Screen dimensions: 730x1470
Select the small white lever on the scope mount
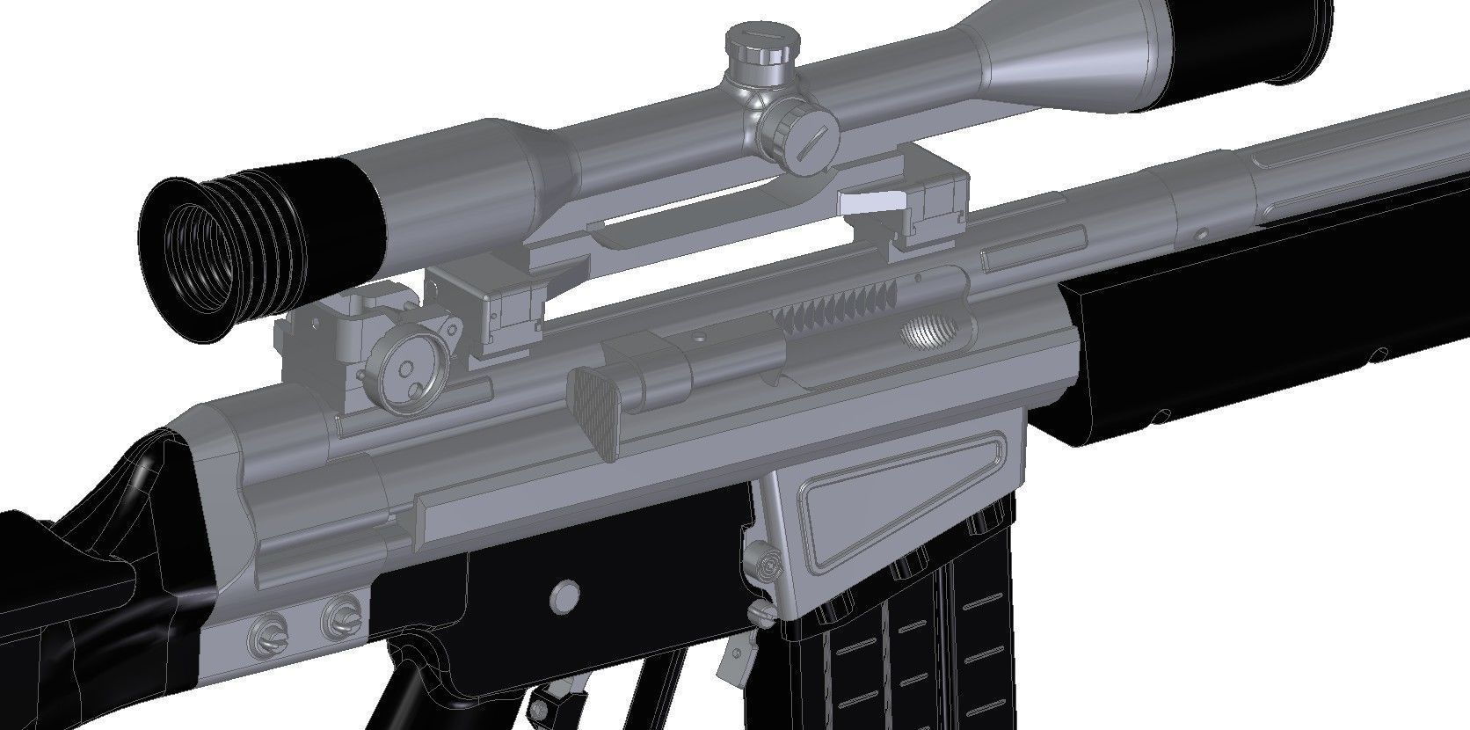[x=871, y=202]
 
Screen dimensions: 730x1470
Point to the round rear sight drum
[x=406, y=374]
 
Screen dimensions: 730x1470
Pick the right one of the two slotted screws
[x=340, y=617]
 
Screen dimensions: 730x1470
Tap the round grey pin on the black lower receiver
[x=565, y=597]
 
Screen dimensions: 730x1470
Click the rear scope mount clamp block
[x=504, y=308]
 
